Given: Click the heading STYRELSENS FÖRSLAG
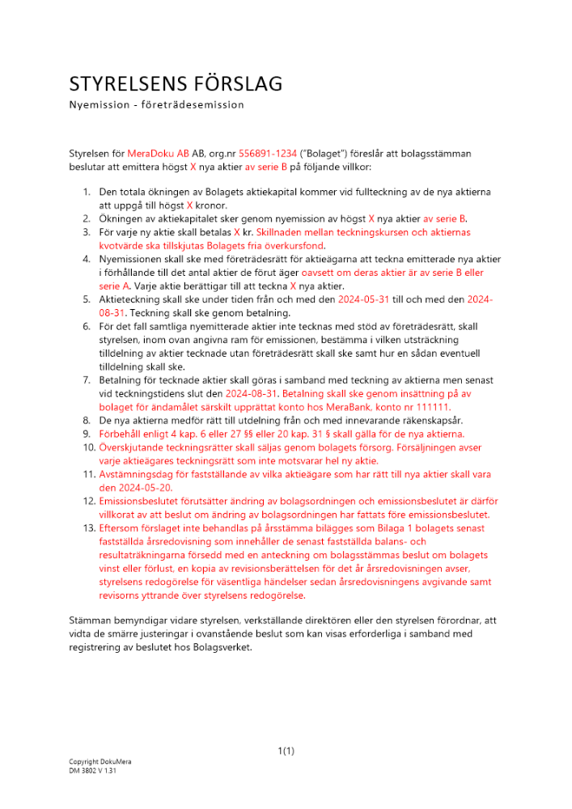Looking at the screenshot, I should (x=176, y=83).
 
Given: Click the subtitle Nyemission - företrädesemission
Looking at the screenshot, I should (x=156, y=104).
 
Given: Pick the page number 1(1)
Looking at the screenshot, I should (x=286, y=751).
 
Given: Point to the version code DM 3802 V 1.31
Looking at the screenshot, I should (x=92, y=772).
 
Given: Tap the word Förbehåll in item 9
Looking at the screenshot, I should (x=121, y=434).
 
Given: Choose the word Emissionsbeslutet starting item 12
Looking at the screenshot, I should (x=142, y=502).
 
